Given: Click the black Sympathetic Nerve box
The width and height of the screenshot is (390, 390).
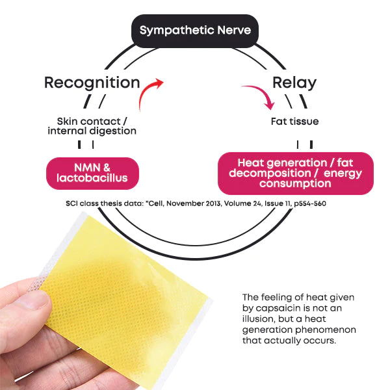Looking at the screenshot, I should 195,31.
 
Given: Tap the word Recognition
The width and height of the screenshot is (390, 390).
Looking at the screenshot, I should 92,83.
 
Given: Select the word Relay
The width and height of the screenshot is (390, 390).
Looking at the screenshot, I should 294,83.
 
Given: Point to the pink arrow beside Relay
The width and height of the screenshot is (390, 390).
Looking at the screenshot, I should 257,96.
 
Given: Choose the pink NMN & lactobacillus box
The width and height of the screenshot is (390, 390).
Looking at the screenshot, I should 92,173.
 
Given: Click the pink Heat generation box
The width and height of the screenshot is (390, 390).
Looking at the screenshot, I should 295,174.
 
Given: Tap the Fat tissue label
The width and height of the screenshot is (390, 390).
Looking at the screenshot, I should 294,122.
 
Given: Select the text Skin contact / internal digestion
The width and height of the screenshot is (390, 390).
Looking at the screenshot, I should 92,126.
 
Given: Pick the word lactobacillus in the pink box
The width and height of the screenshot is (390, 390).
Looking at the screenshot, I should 92,178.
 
